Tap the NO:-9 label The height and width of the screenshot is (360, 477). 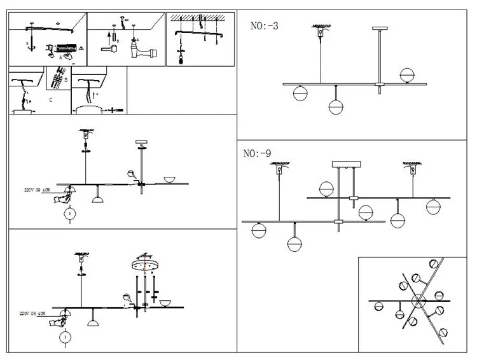click(x=257, y=153)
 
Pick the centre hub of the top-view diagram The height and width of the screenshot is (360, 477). click(x=420, y=300)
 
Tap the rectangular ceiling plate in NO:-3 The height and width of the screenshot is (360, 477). click(x=380, y=29)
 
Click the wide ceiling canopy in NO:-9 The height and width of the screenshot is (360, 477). click(x=345, y=165)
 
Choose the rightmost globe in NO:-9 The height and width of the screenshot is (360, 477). click(x=433, y=206)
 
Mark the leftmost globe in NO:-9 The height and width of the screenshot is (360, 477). click(x=258, y=230)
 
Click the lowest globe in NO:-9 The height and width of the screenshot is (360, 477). click(x=293, y=244)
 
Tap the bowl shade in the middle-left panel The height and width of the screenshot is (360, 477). click(x=169, y=179)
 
